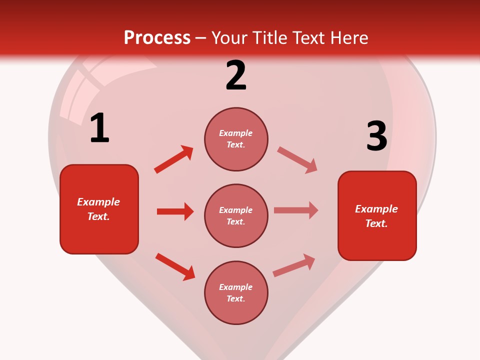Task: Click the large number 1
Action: coord(99,128)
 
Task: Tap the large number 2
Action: coord(236,75)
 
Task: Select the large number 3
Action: coord(376,136)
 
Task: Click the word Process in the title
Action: coord(157,37)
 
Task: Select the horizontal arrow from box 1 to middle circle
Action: coord(175,211)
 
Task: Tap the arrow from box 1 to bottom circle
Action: coord(175,266)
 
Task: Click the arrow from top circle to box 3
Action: coord(297,159)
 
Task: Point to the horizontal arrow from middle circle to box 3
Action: coord(296,210)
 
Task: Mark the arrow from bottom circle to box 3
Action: coord(294,265)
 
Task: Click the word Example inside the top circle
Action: coord(235,133)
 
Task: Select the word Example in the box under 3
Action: coord(376,209)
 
